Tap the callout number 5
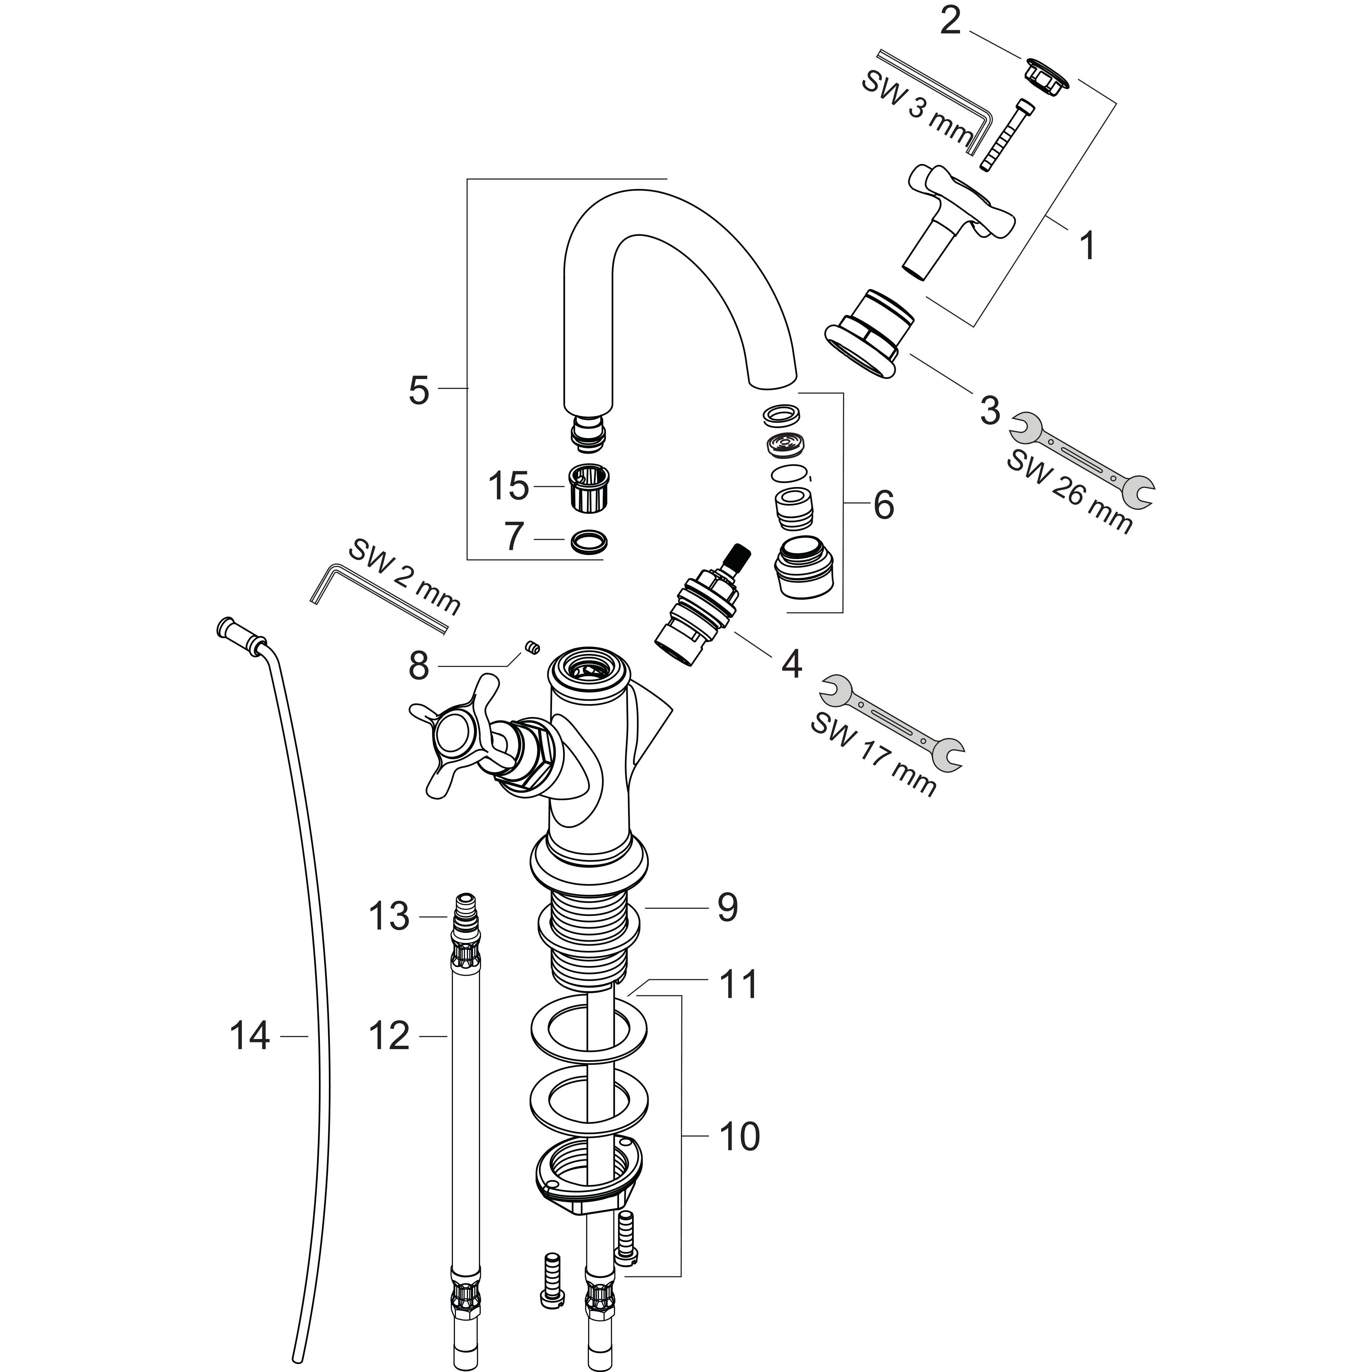(x=419, y=390)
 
